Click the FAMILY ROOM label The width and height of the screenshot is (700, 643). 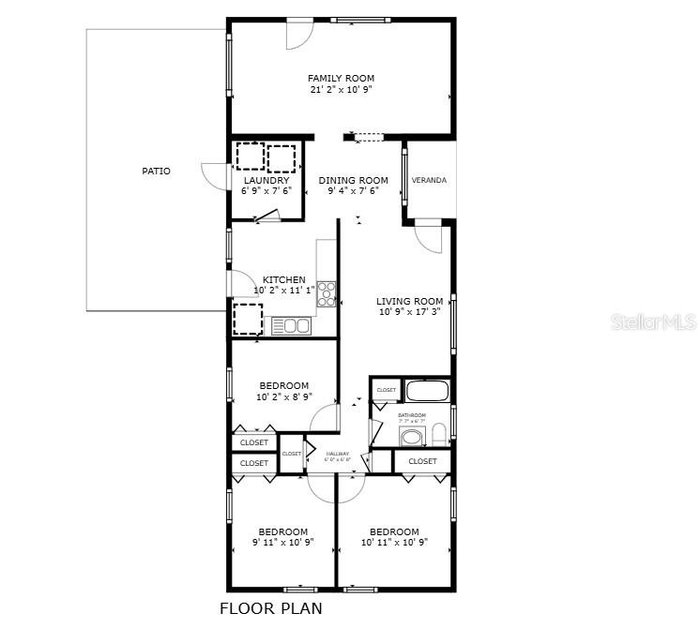point(341,78)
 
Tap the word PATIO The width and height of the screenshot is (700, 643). point(156,171)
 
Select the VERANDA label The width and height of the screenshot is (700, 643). point(429,180)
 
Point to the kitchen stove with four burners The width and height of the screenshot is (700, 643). point(327,293)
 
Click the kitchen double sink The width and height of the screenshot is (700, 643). point(290,325)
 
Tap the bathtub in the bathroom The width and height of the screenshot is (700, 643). point(428,391)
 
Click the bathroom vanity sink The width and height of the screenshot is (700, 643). point(411,438)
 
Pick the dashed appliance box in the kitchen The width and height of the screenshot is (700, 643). point(248,319)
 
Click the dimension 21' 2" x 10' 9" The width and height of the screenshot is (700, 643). point(341,90)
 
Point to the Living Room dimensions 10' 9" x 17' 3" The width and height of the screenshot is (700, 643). point(410,312)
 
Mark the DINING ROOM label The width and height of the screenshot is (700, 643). point(353,180)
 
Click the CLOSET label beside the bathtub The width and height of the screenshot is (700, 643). point(386,390)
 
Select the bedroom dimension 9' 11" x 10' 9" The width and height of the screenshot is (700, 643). point(282,542)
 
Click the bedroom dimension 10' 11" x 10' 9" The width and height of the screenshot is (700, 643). point(393,542)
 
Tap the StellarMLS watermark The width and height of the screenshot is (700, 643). point(653,322)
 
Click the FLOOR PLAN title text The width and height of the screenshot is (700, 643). point(270,608)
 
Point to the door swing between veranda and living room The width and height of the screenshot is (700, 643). point(428,238)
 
